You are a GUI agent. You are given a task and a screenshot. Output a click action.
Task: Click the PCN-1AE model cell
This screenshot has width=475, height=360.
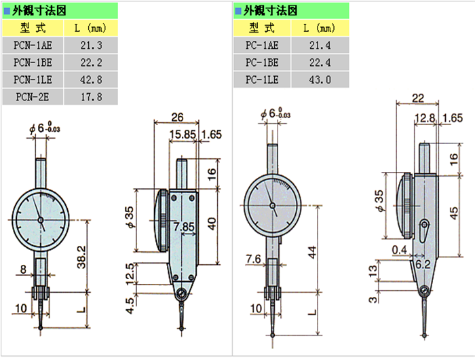(32, 46)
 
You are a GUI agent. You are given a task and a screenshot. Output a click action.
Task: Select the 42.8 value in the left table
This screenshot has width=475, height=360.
(90, 79)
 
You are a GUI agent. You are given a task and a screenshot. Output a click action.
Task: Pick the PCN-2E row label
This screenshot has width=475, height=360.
(32, 96)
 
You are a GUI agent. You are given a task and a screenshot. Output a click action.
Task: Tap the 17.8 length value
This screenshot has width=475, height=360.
(90, 96)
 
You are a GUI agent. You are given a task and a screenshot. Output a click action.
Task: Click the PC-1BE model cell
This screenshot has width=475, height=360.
(262, 62)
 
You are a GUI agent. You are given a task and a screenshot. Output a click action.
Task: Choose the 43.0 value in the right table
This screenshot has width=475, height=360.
(320, 79)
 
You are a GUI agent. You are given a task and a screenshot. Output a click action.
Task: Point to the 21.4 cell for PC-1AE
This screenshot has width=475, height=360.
(320, 46)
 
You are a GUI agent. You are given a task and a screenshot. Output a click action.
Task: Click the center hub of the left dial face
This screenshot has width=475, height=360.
(40, 219)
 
